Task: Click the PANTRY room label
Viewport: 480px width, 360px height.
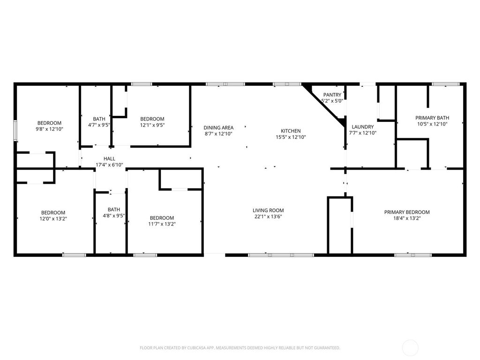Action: (x=332, y=95)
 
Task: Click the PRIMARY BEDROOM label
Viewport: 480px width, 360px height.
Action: (x=407, y=212)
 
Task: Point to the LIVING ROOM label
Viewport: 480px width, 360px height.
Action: (x=268, y=210)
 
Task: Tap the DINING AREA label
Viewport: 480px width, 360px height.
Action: (x=218, y=127)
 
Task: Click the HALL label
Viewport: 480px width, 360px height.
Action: (x=109, y=159)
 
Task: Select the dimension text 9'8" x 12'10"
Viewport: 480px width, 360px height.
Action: (x=50, y=129)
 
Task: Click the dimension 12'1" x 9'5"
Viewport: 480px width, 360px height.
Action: (x=152, y=125)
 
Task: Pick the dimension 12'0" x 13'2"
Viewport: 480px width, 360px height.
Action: (x=53, y=218)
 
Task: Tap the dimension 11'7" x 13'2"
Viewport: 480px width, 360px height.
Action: (x=162, y=224)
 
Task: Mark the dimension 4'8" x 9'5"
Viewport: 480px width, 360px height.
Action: (x=114, y=216)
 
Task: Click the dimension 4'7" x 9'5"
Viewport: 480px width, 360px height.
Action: (x=99, y=125)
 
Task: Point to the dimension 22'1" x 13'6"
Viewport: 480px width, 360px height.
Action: (x=268, y=217)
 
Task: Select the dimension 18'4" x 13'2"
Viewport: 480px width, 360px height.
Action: (x=407, y=218)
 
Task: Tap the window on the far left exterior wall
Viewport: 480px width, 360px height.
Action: (x=15, y=130)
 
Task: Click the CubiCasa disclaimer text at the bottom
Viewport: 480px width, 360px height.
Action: (x=240, y=348)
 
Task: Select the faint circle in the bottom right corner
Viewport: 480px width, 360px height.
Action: (x=411, y=348)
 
